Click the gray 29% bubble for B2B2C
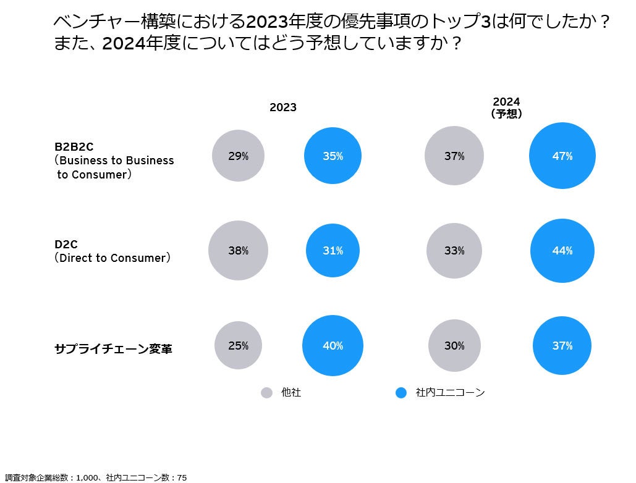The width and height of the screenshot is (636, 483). pyautogui.click(x=238, y=156)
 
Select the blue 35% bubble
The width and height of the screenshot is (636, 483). pyautogui.click(x=333, y=156)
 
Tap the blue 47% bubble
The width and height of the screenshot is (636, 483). pyautogui.click(x=562, y=156)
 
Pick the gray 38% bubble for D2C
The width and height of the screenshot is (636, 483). pyautogui.click(x=238, y=250)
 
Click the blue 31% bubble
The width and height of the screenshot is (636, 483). pyautogui.click(x=333, y=250)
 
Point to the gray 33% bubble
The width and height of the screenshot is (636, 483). pyautogui.click(x=454, y=250)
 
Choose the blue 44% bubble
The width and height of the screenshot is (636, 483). pyautogui.click(x=562, y=250)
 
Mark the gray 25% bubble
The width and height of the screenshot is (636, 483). pyautogui.click(x=238, y=345)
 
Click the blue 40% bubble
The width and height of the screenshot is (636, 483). pyautogui.click(x=333, y=345)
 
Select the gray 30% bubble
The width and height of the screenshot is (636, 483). pyautogui.click(x=454, y=345)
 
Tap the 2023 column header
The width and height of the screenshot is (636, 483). pyautogui.click(x=283, y=107)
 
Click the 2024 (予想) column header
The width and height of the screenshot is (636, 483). pyautogui.click(x=506, y=107)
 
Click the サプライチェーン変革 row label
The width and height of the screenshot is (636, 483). pyautogui.click(x=113, y=348)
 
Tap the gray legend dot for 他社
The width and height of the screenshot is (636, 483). pyautogui.click(x=266, y=393)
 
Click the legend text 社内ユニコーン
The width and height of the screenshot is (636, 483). pyautogui.click(x=450, y=392)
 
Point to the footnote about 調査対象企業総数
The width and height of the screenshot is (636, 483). pyautogui.click(x=96, y=477)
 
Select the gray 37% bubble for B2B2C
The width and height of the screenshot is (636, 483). pyautogui.click(x=454, y=156)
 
